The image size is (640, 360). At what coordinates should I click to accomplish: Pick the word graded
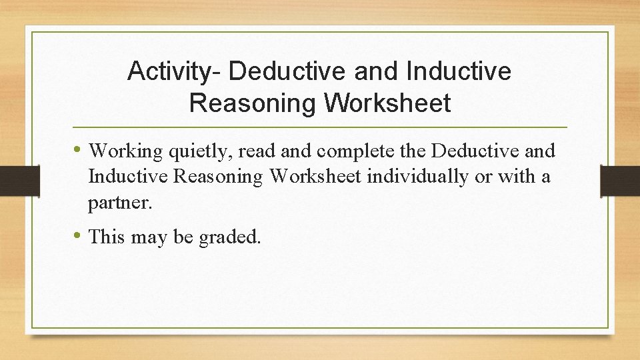click(x=229, y=237)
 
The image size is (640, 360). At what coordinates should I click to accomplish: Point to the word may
click(x=149, y=237)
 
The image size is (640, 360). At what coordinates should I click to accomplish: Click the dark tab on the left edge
click(x=11, y=180)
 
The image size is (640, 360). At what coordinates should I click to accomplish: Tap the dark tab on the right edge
click(x=620, y=181)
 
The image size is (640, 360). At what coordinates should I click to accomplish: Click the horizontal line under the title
click(x=320, y=127)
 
